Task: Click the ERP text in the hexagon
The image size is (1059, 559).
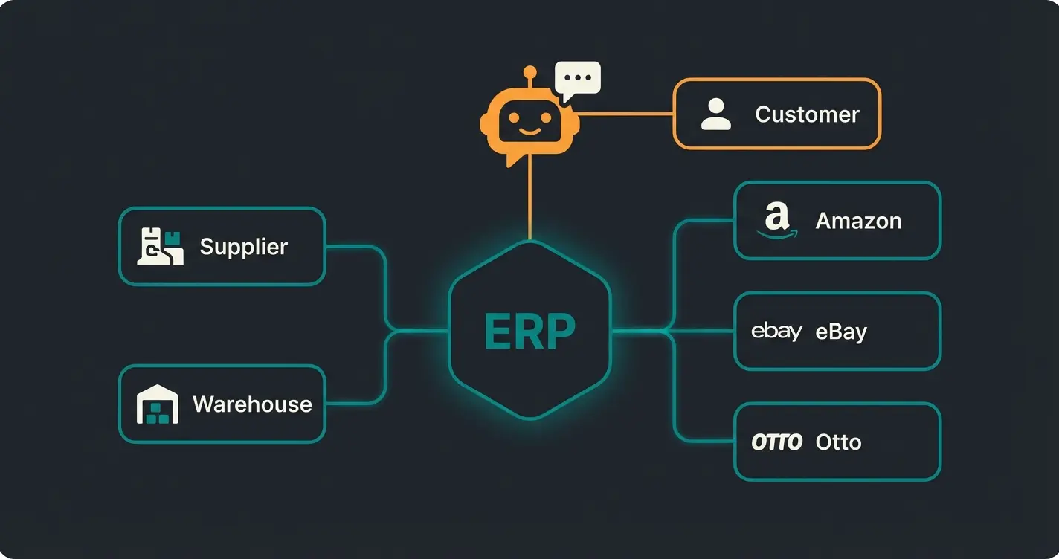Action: (529, 332)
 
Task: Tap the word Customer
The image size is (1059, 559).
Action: (807, 114)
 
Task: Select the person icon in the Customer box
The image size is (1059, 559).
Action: (716, 114)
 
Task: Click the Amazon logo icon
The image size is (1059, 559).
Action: (776, 221)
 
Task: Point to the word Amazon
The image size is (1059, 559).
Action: (858, 221)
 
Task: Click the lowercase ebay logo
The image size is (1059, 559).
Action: (776, 331)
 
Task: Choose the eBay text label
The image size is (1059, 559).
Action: (841, 332)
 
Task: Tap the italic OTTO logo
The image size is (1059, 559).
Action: (776, 442)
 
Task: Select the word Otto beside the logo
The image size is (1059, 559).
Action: (838, 442)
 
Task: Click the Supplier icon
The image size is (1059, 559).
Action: (160, 247)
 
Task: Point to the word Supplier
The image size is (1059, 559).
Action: (243, 247)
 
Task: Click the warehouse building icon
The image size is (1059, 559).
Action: (158, 404)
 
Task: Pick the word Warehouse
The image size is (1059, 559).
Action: (252, 404)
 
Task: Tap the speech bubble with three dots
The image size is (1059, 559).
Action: (578, 79)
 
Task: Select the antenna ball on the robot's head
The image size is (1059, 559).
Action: (529, 72)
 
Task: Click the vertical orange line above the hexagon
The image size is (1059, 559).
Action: (529, 201)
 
